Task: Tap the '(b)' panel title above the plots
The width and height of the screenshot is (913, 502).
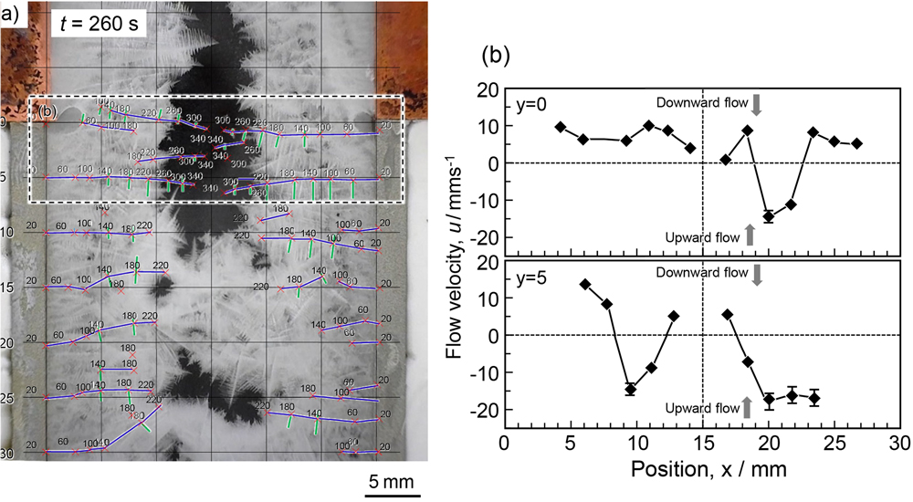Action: coord(496,58)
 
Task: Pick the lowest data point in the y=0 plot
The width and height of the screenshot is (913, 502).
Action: coord(769,216)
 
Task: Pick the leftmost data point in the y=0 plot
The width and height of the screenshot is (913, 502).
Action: coord(561,127)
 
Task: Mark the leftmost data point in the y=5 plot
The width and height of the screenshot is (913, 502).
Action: coord(584,284)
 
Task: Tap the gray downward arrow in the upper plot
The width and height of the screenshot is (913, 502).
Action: coord(756,105)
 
